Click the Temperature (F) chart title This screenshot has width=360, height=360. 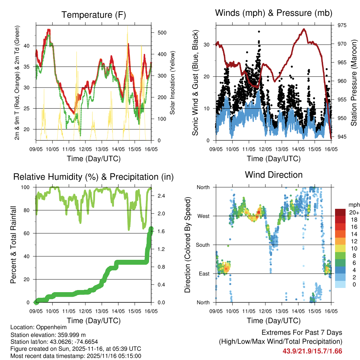point(93,15)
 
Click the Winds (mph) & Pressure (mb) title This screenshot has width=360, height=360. point(274,13)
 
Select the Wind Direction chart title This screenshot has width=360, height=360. point(274,175)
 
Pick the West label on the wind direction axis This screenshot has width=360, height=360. point(203,216)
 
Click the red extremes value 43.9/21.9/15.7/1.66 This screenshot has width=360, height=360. point(312,351)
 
